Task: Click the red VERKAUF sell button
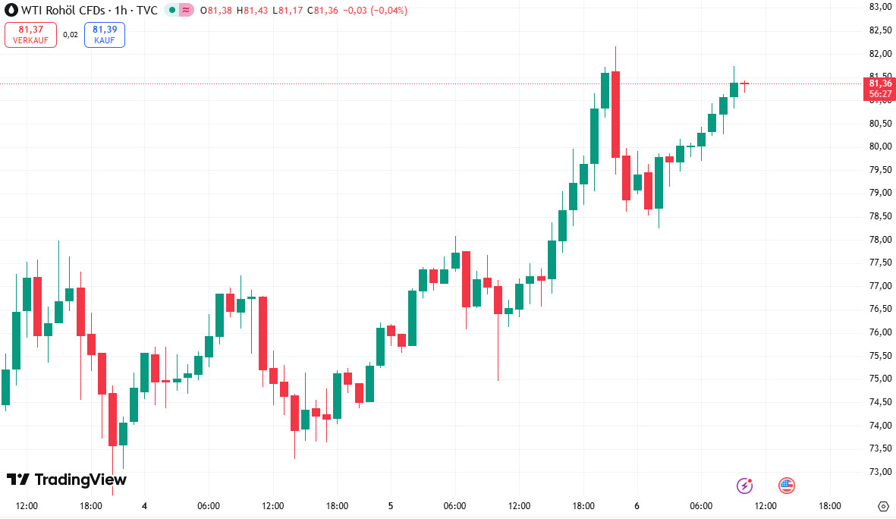tap(30, 34)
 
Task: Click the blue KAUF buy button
tap(105, 34)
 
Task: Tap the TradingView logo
tap(67, 480)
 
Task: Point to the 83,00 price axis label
tap(880, 7)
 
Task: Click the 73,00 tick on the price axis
tap(880, 472)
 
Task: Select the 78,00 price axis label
tap(880, 240)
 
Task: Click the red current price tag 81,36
tap(880, 88)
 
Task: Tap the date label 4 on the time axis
tap(144, 506)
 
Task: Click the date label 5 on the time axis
tap(391, 506)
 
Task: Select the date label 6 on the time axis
tap(637, 506)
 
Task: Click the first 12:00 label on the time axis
tap(27, 506)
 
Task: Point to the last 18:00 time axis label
tap(830, 506)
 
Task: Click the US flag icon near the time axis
tap(787, 485)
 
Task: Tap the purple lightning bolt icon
tap(745, 485)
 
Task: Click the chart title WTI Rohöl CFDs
tap(67, 11)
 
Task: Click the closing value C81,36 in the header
tap(325, 11)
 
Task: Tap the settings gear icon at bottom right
tap(882, 506)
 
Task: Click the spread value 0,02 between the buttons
tap(71, 34)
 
